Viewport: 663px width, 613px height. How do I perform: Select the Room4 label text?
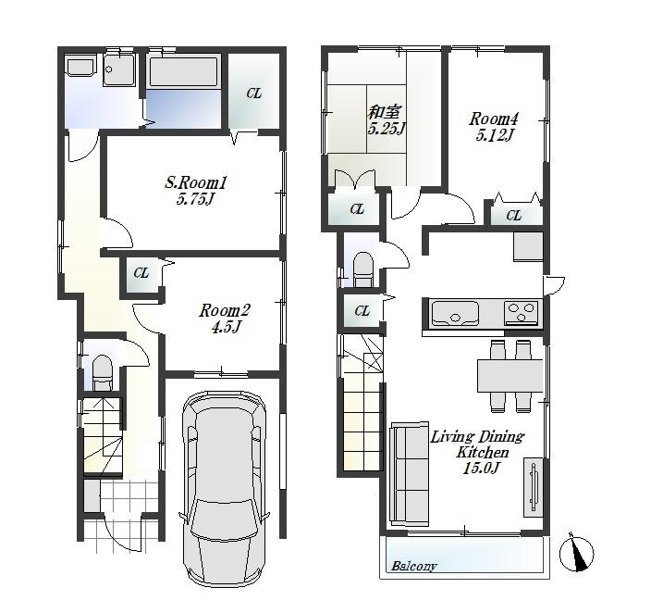tap(493, 119)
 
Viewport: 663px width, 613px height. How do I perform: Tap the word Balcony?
tap(413, 566)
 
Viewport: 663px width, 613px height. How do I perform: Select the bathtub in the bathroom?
tap(183, 72)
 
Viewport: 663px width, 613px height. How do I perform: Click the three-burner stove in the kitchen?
tap(522, 313)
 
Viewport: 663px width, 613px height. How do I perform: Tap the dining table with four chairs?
tap(510, 375)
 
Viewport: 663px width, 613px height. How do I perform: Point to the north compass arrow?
tap(581, 553)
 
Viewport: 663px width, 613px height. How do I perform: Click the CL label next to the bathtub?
tap(253, 94)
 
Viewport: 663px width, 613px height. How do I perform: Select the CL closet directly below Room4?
tap(513, 216)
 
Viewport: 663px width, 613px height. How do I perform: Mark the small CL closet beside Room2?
tap(141, 273)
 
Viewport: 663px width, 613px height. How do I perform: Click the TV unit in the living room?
tap(534, 486)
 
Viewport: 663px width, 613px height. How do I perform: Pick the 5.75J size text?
tap(195, 199)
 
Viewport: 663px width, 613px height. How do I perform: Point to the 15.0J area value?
tap(478, 469)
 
